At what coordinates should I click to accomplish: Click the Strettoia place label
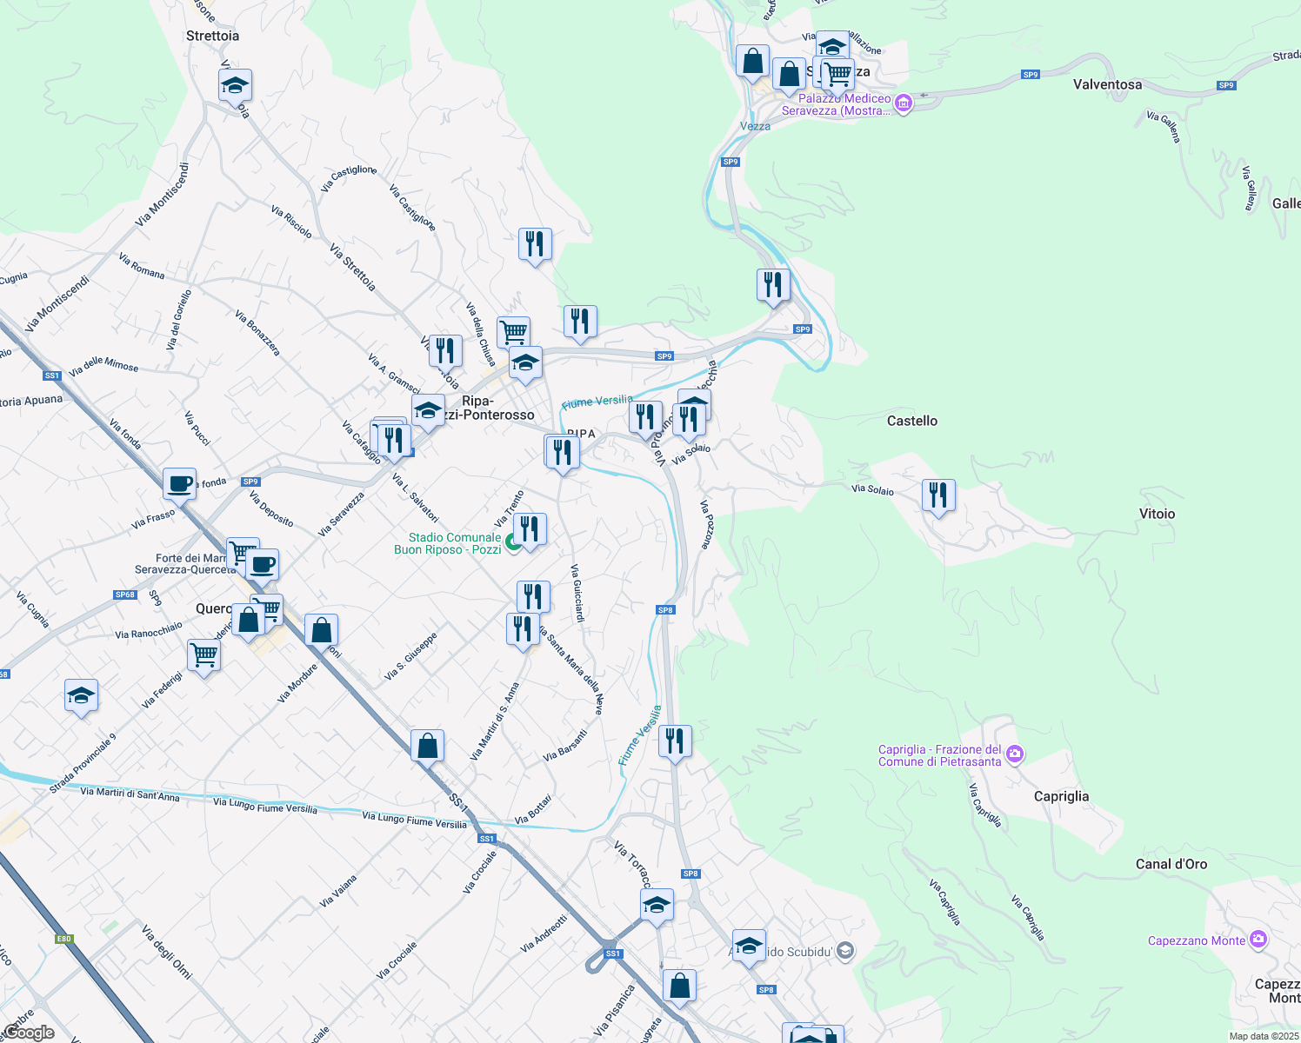point(212,36)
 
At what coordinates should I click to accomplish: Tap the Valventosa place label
point(1107,84)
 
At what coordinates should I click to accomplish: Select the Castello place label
point(911,421)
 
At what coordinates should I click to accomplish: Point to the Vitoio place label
point(1157,514)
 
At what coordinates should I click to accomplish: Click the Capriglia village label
point(1061,796)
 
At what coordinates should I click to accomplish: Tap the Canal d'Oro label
point(1171,864)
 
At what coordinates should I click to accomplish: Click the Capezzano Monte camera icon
point(1258,940)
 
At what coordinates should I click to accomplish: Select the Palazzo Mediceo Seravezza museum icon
point(903,103)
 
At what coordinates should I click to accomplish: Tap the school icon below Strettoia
point(235,86)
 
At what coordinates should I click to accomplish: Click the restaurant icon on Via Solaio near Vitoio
point(938,496)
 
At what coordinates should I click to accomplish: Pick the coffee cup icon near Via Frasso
point(180,484)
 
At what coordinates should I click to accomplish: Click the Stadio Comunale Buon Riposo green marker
point(513,543)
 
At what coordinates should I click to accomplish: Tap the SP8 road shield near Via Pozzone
point(665,610)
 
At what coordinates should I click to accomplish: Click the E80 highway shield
point(63,939)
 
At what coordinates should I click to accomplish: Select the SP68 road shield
point(124,595)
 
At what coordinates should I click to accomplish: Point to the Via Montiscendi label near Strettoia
point(162,196)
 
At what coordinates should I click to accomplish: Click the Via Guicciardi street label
point(577,593)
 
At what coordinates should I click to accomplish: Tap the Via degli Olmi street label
point(166,952)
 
